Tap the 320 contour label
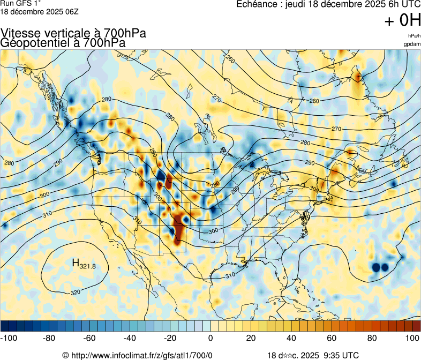pyautogui.click(x=76, y=292)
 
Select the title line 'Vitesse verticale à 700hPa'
pyautogui.click(x=73, y=33)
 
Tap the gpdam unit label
pyautogui.click(x=412, y=44)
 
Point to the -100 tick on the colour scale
pyautogui.click(x=10, y=338)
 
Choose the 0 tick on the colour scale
pyautogui.click(x=210, y=338)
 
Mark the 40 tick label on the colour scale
pyautogui.click(x=291, y=338)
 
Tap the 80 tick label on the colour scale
pyautogui.click(x=372, y=338)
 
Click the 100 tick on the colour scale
pyautogui.click(x=412, y=338)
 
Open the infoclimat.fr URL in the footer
pyautogui.click(x=141, y=355)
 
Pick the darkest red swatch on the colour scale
pyautogui.click(x=416, y=325)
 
